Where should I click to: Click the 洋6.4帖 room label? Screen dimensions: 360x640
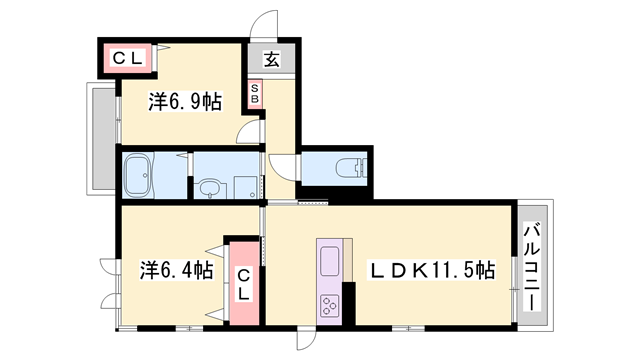tap(175, 269)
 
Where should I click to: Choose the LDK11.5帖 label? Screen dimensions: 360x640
tap(434, 269)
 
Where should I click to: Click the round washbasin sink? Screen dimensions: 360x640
tap(210, 187)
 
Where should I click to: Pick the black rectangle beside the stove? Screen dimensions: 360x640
tap(348, 301)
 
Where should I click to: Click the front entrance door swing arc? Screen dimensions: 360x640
tap(262, 26)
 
